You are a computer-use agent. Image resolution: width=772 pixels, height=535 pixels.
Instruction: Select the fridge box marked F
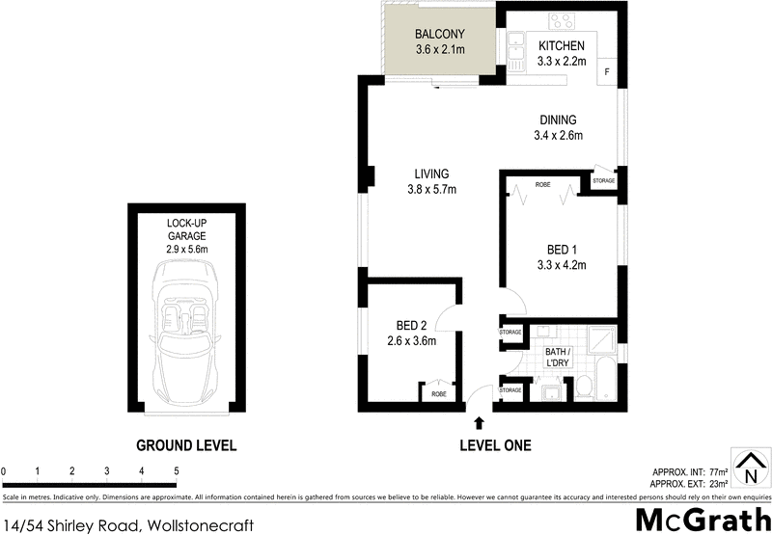(606, 72)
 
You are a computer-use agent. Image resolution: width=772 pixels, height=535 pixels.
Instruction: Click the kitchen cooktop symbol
(563, 21)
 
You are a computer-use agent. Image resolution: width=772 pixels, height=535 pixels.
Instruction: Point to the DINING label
(558, 120)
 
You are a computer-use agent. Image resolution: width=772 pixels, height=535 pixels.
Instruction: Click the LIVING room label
(432, 174)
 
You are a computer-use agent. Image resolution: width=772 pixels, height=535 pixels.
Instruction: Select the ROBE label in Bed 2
(439, 394)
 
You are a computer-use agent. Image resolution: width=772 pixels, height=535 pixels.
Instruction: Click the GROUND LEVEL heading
(186, 445)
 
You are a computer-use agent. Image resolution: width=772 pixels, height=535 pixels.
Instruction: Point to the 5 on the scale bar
(177, 470)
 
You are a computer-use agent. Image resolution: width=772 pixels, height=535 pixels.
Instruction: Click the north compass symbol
(750, 468)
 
